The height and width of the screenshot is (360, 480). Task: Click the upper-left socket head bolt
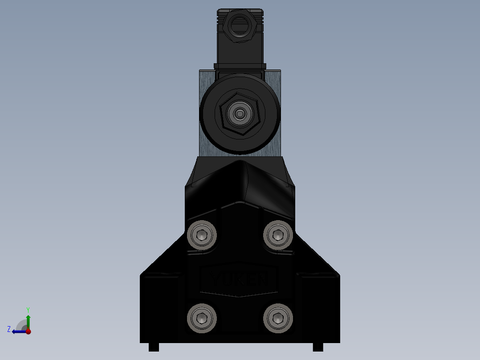coord(202,234)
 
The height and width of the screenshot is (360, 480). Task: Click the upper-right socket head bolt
coord(278,234)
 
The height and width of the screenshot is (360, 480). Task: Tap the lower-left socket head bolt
coord(202,318)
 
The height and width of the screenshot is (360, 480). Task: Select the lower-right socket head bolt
coord(278,318)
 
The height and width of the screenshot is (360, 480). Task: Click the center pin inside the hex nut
coord(240,115)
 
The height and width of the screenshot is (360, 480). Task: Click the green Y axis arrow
coord(28,320)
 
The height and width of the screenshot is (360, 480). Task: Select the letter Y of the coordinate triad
coord(28,309)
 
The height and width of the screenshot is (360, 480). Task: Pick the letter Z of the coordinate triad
coord(9,329)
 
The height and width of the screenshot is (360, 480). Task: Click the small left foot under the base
coord(154,347)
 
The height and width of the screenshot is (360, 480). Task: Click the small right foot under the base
coord(318,347)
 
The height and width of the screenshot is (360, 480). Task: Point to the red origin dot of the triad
coord(28,331)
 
